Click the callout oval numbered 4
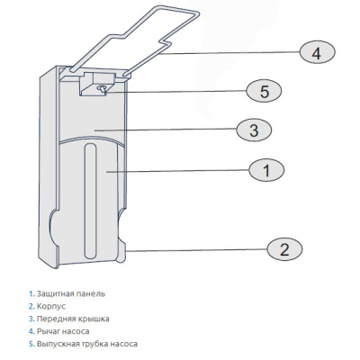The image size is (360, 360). point(317,53)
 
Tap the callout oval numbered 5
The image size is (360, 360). point(264,91)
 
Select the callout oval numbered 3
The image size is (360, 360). point(254,130)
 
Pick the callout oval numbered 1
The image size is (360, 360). point(266,170)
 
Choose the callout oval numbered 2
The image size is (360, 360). point(284,248)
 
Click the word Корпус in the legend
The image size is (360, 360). point(51,306)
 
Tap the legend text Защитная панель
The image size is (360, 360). point(71,293)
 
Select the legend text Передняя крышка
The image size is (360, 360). point(73,319)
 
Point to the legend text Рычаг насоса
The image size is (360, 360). point(63,331)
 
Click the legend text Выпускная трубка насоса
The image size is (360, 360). point(87,344)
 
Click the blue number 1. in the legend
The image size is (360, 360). point(31,293)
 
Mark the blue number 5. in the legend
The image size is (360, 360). point(31,344)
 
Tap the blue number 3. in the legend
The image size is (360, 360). point(31,319)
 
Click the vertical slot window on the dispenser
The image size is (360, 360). point(90,201)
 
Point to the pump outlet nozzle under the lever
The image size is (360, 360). point(103,89)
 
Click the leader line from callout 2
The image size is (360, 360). point(196,250)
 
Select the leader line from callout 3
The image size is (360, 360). point(166,130)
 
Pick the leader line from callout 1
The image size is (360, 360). point(178,171)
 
